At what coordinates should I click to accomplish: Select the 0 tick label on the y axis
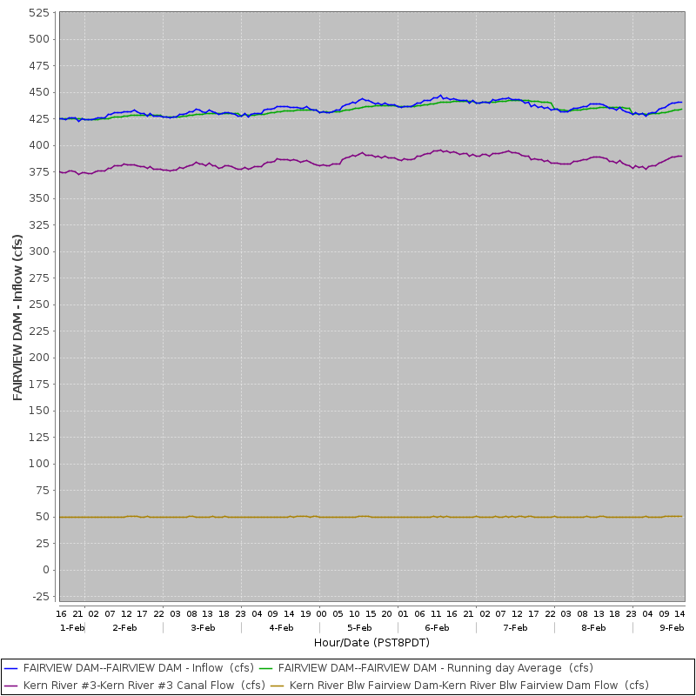point(48,570)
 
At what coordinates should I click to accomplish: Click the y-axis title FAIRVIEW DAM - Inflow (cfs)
point(18,317)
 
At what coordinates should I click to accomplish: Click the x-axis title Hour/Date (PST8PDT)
point(371,642)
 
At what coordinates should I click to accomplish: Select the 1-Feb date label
point(72,627)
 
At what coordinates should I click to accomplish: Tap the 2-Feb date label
point(124,627)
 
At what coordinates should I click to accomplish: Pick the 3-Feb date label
point(203,627)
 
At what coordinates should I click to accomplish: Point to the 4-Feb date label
point(281,627)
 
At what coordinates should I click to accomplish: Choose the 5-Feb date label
point(359,627)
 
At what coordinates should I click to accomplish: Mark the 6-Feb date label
point(437,627)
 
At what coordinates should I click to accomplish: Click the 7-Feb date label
point(515,627)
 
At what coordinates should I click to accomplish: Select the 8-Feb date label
point(593,627)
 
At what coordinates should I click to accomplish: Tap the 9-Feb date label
point(672,627)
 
